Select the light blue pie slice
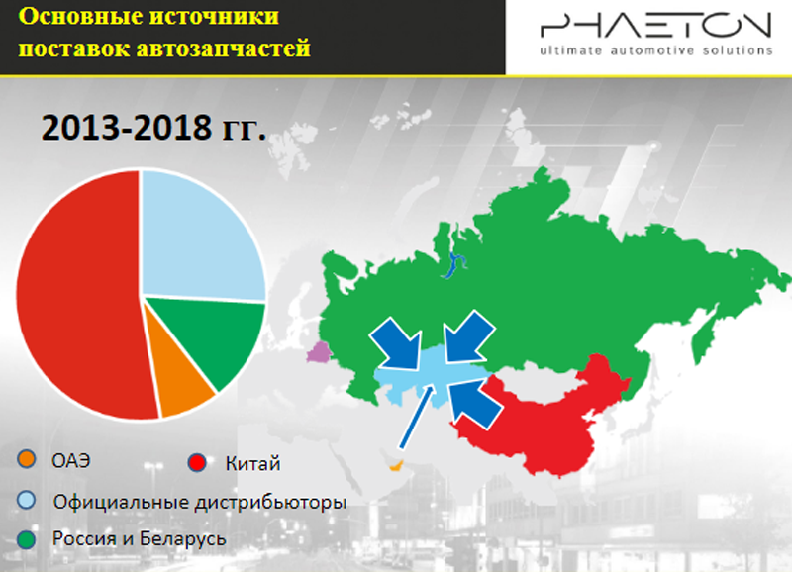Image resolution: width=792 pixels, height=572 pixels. tap(200, 238)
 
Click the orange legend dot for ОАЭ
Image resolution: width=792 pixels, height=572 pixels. tap(27, 459)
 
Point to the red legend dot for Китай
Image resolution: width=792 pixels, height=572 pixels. tap(196, 462)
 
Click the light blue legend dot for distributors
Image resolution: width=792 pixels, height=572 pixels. tap(27, 500)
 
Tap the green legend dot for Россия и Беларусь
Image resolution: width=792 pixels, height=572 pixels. tap(27, 539)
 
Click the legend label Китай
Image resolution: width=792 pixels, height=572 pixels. tap(252, 463)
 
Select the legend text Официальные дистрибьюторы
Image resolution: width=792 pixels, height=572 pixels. tap(200, 503)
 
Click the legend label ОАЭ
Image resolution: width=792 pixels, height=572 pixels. tap(71, 460)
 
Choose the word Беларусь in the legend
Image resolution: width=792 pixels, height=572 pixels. tap(183, 539)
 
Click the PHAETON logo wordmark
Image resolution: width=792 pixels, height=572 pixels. tap(655, 26)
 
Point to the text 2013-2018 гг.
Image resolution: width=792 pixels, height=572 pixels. tap(153, 128)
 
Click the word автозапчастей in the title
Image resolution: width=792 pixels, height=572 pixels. tap(223, 48)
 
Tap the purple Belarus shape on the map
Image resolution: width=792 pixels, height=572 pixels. tap(318, 352)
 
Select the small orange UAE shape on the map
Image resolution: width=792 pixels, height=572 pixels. tap(395, 465)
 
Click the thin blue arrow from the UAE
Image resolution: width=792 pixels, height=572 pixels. tap(417, 418)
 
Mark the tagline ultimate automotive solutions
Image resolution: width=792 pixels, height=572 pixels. tap(656, 50)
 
